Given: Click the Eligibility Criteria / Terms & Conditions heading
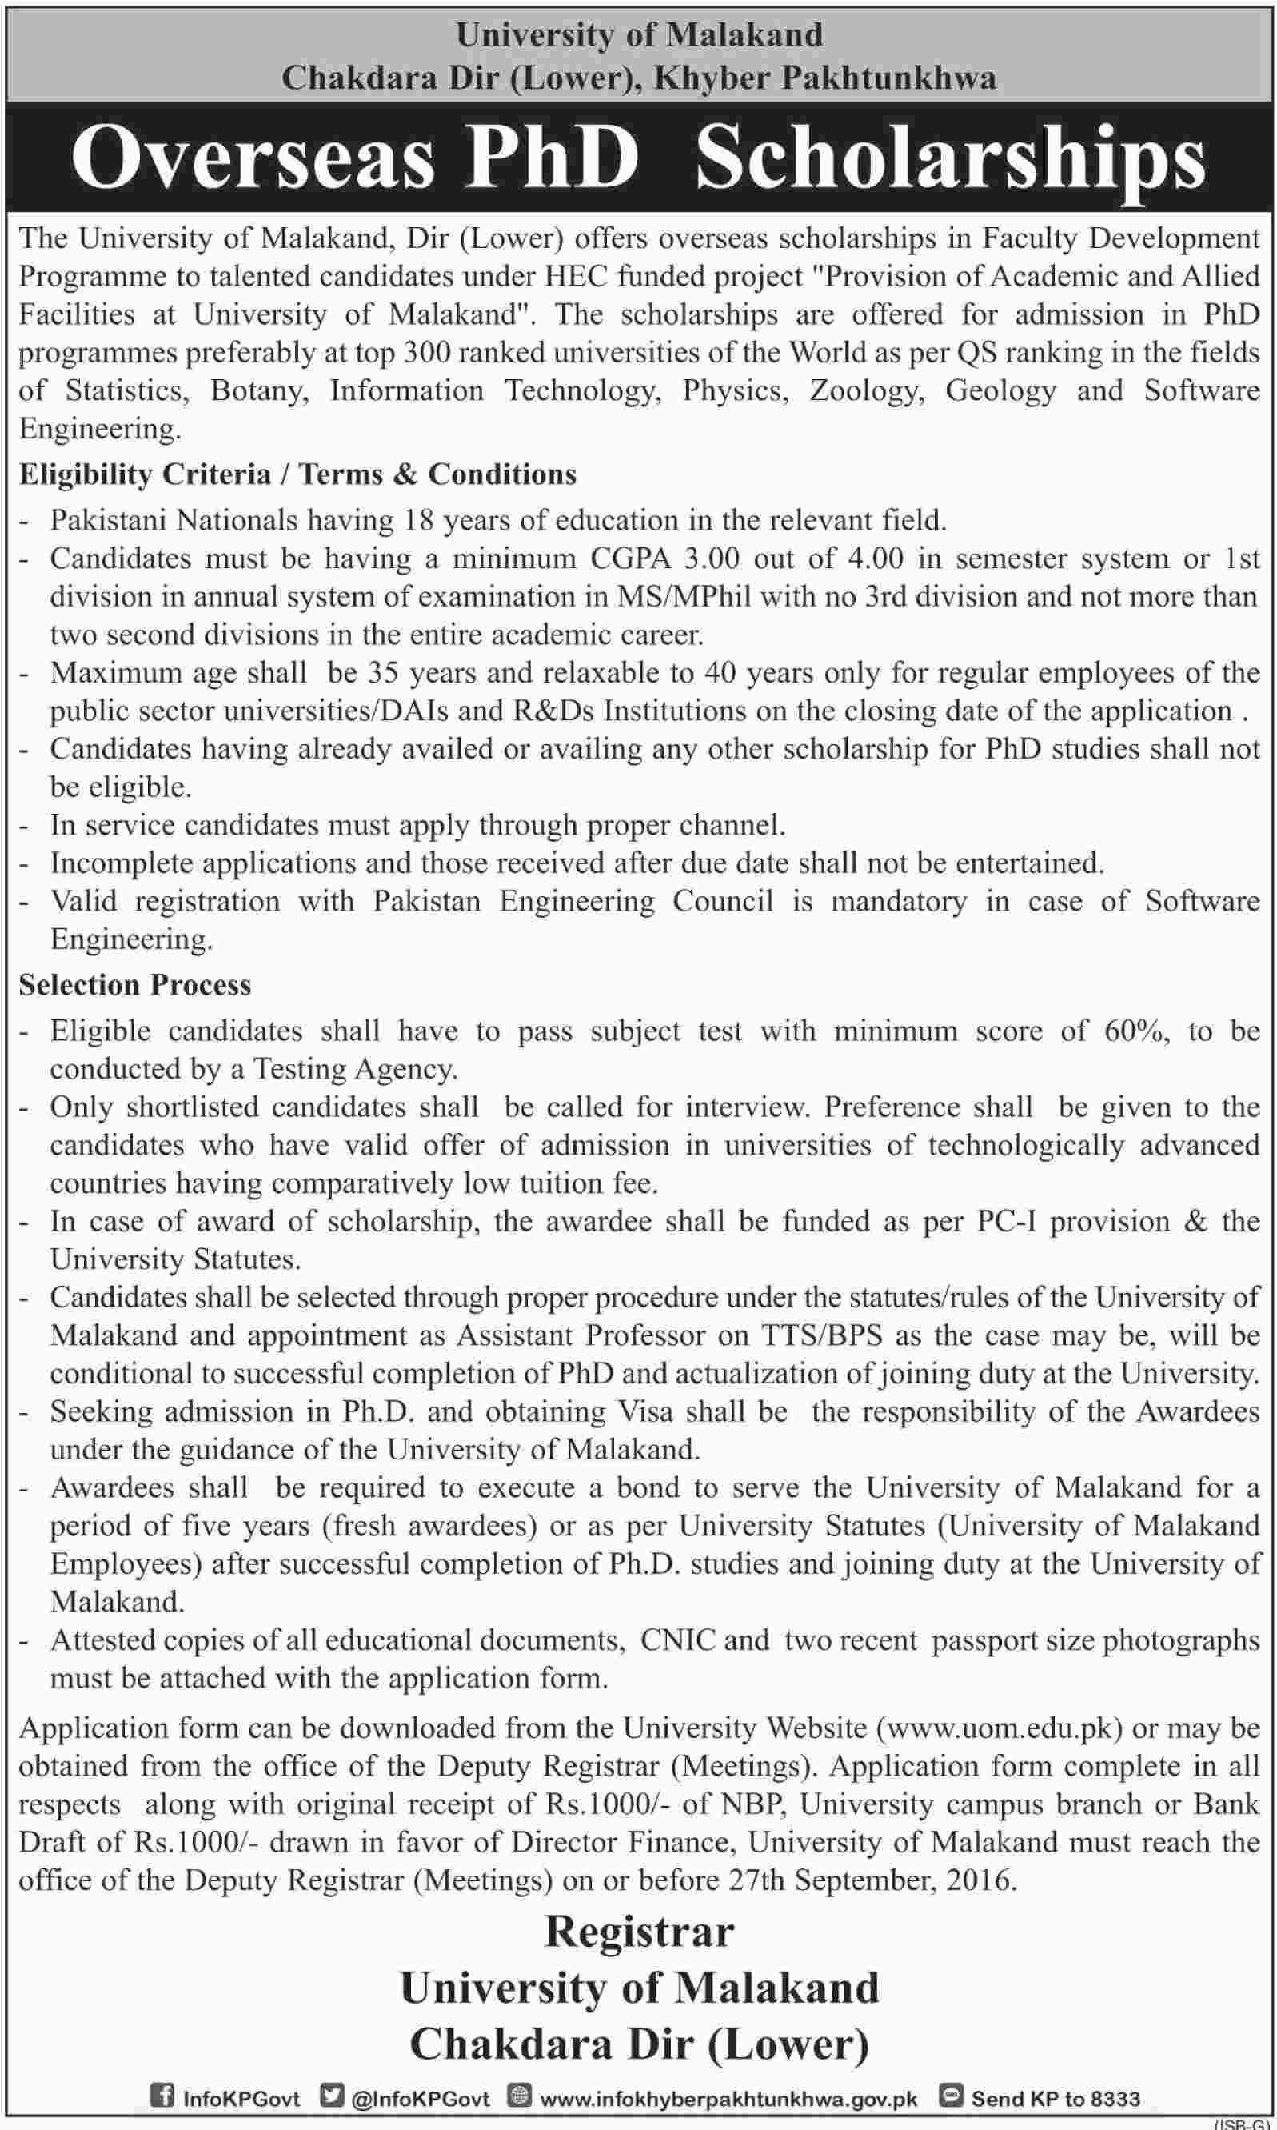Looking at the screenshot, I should (x=297, y=474).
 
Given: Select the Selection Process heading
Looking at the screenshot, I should (x=135, y=985).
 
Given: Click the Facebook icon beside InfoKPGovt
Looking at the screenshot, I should (x=162, y=2094).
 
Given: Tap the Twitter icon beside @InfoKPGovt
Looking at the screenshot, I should (x=330, y=2094).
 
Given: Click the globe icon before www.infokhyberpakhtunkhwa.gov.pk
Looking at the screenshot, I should (x=519, y=2094).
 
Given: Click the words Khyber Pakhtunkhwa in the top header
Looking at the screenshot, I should (x=825, y=78).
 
